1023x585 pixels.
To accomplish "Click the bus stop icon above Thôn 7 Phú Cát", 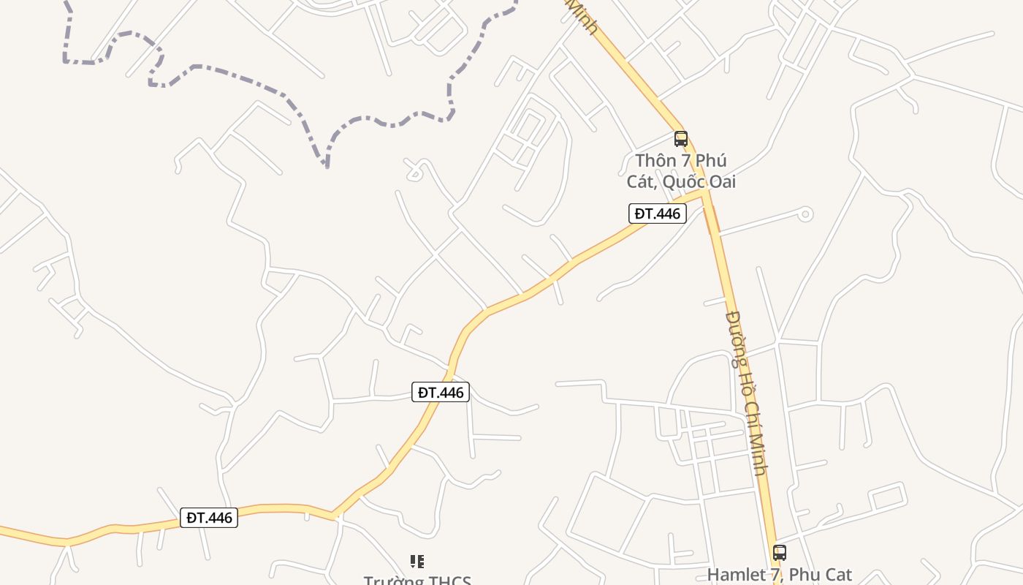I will coord(681,138).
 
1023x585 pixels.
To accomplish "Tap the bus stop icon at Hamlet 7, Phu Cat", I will coord(780,552).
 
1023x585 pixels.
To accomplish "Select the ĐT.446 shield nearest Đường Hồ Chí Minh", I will coord(658,214).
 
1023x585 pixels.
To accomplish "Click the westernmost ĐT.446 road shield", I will coord(209,518).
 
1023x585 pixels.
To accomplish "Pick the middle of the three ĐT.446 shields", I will coord(441,392).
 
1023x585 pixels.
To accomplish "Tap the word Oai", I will coord(721,181).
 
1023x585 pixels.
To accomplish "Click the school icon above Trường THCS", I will coord(417,562).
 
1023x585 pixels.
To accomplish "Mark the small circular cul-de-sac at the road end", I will coord(805,214).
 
